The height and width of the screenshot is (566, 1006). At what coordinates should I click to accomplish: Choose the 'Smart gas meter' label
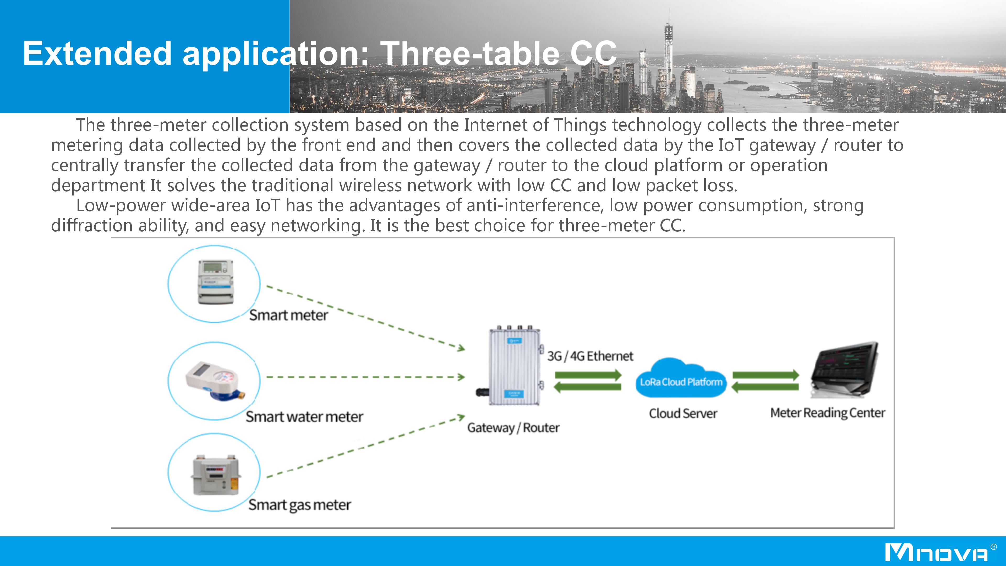[x=299, y=505]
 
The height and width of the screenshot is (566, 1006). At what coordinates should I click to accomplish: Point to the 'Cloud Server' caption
[x=683, y=413]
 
